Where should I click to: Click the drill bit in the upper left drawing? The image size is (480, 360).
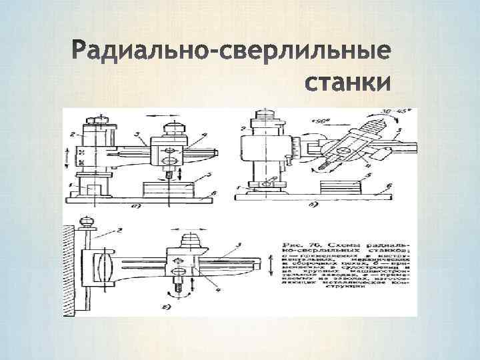tap(169, 174)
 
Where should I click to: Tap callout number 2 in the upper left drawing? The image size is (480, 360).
tap(72, 135)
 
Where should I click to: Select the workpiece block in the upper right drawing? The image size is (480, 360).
tap(339, 186)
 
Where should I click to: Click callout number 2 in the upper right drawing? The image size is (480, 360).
tap(244, 128)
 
